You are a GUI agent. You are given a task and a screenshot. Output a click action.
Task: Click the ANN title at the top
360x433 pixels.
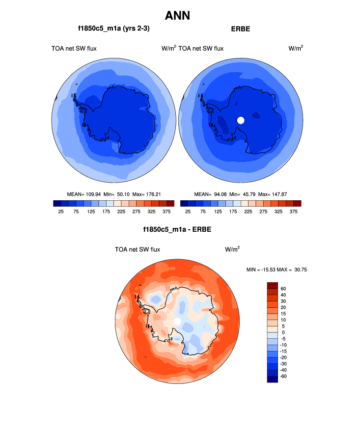point(177,16)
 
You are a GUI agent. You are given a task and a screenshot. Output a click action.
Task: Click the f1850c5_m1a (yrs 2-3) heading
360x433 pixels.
point(113,28)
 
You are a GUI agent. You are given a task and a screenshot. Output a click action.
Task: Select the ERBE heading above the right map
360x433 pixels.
point(241,29)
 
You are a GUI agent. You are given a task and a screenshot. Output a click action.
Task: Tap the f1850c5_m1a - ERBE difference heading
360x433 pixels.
point(177,229)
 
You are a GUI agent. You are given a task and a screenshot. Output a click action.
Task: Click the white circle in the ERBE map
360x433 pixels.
point(241,120)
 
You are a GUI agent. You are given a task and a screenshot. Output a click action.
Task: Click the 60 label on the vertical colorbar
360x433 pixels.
point(283,289)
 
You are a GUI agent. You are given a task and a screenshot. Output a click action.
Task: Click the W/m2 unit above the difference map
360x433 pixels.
point(232,249)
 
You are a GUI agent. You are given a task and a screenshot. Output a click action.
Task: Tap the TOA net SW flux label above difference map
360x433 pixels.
point(138,249)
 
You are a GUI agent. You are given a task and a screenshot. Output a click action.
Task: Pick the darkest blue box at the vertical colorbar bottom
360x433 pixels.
point(273,379)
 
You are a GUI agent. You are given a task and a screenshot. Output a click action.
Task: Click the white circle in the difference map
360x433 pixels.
point(177,321)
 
